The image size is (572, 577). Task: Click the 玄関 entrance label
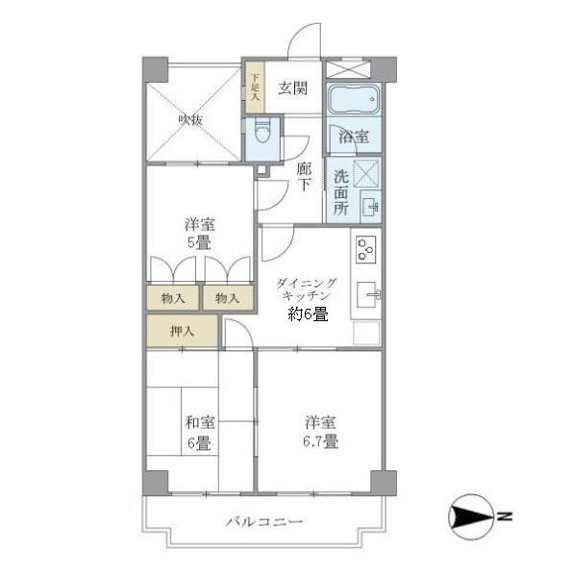(293, 89)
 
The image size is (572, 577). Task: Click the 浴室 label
(353, 137)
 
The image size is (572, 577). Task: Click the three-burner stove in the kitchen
(365, 248)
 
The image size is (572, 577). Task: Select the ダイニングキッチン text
(307, 290)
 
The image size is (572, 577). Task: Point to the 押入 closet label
(182, 332)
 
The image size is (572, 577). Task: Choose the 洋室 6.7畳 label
(321, 432)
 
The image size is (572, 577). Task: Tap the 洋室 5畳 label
(200, 234)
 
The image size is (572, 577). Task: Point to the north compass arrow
(471, 519)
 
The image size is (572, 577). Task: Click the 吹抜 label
(190, 119)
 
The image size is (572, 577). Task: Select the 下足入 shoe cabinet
(255, 88)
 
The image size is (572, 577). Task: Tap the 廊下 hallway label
(304, 176)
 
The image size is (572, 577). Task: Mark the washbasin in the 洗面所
(368, 207)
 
